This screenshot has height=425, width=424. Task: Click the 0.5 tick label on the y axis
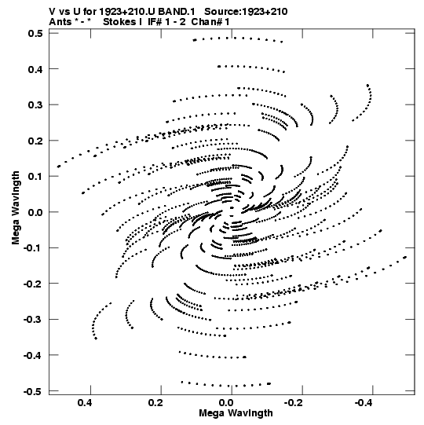click(35, 33)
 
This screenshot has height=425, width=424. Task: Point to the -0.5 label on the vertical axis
click(33, 391)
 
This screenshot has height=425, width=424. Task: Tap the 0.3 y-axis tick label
click(35, 105)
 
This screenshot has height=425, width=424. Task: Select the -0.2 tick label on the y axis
click(33, 284)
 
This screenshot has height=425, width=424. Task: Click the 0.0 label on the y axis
click(35, 212)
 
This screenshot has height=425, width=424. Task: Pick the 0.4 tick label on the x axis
click(85, 403)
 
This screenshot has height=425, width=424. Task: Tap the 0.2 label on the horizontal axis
click(155, 403)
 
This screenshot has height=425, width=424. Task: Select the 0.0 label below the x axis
click(226, 403)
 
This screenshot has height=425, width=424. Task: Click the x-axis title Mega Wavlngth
click(236, 413)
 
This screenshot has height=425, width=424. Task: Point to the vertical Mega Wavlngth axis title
click(16, 208)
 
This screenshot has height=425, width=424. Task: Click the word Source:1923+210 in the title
click(246, 12)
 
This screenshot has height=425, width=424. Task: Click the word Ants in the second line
click(60, 22)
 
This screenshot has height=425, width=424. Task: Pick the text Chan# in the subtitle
click(207, 22)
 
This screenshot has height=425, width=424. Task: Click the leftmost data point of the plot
click(59, 167)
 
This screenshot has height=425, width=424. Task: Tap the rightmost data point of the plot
click(406, 257)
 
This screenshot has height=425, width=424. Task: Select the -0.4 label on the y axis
click(33, 355)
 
